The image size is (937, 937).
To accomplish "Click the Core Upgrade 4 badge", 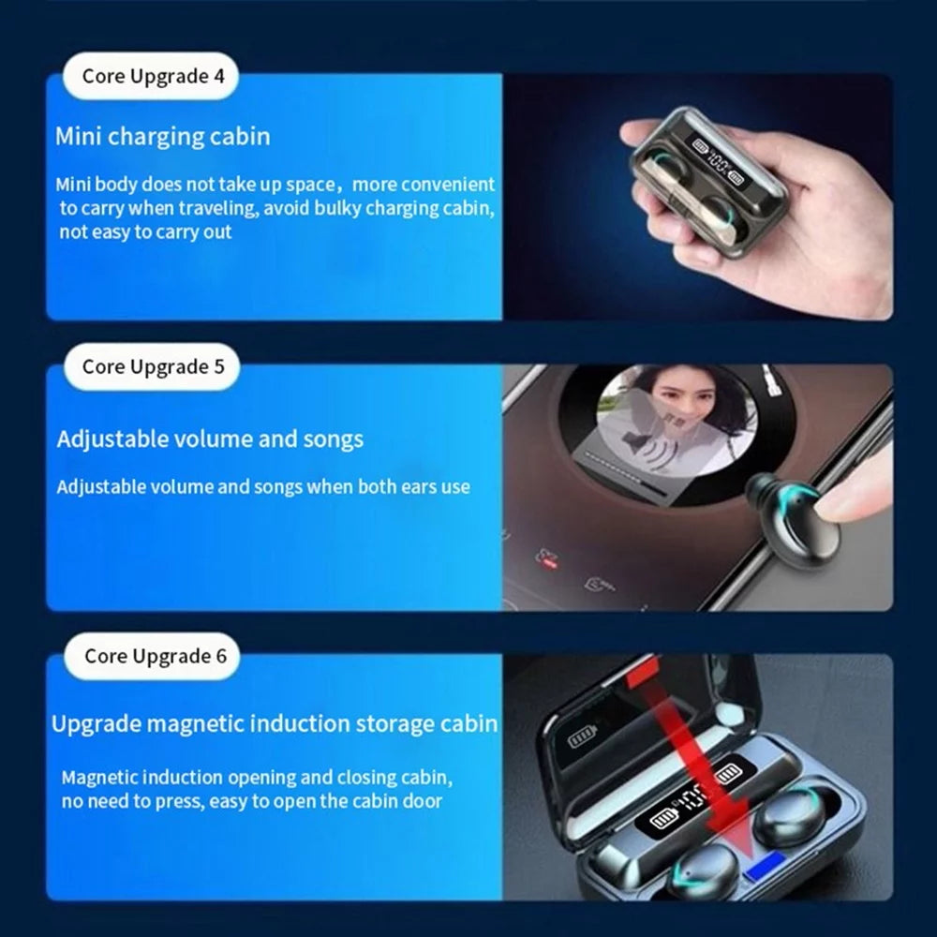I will click(150, 77).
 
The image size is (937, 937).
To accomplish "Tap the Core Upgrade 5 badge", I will click(151, 366).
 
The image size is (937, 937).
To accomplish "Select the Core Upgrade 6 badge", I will click(153, 656).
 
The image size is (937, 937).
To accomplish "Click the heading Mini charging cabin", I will click(162, 137).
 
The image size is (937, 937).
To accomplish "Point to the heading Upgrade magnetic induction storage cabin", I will click(275, 723).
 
